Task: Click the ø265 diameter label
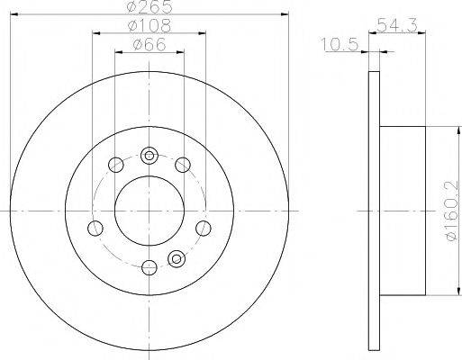click(148, 7)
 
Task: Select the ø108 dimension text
click(148, 27)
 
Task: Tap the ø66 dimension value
click(148, 46)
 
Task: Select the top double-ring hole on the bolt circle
click(148, 152)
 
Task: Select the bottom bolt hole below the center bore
click(148, 265)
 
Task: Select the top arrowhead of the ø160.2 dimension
click(441, 131)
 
